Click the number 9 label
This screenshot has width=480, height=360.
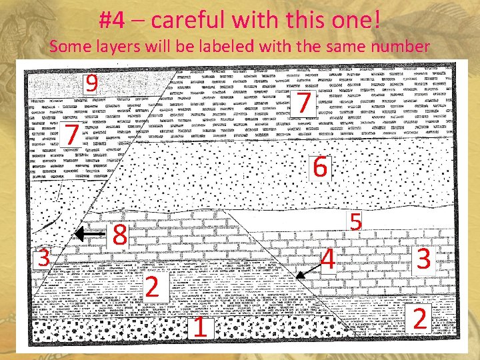92,83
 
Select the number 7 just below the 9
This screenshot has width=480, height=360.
72,135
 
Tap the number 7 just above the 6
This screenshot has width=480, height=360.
303,103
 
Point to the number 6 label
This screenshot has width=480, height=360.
320,167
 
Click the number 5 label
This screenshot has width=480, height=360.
356,222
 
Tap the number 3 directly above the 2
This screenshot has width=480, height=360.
422,259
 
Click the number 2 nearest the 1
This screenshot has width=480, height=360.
152,287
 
